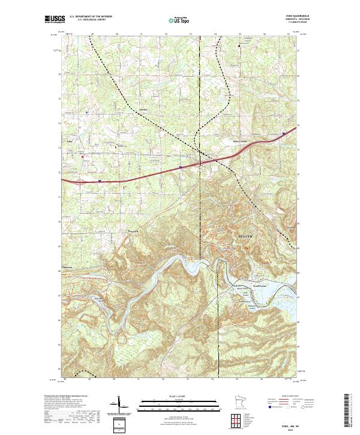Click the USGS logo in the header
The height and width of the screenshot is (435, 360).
coord(53,20)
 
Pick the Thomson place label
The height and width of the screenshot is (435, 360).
coord(67,268)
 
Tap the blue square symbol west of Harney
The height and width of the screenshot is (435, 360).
coord(87,112)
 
